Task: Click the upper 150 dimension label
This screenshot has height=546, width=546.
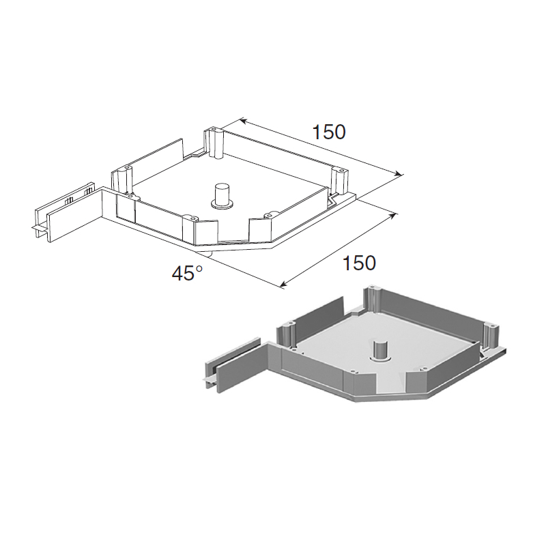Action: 329,132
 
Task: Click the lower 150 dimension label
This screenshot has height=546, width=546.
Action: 360,263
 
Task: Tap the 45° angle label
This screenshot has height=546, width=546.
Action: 187,272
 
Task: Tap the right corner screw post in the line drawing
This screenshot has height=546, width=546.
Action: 339,181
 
